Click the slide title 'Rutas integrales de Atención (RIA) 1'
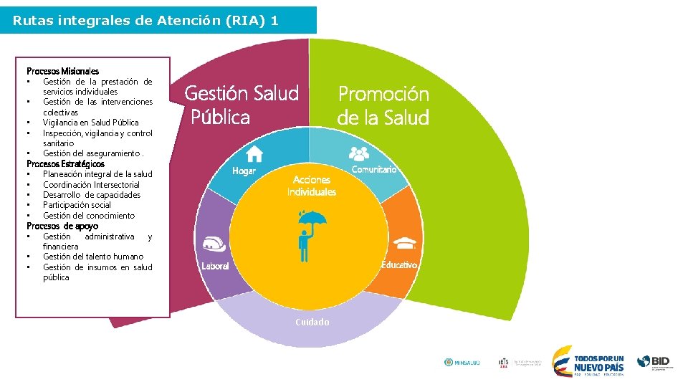[x=145, y=21]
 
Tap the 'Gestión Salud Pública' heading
[x=242, y=105]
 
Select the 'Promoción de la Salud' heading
[x=383, y=105]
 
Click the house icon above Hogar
[x=254, y=153]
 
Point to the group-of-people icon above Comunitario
[x=358, y=153]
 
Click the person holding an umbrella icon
[x=310, y=234]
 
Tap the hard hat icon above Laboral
[x=216, y=244]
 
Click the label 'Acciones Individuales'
[x=311, y=186]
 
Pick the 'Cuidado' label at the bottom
[x=312, y=322]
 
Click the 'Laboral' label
[x=215, y=266]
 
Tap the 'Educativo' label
[x=399, y=265]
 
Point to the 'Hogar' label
[x=244, y=171]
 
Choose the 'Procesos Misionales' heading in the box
[x=62, y=71]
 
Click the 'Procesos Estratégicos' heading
[x=65, y=163]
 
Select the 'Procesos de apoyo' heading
[x=62, y=226]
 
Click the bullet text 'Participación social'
[x=77, y=205]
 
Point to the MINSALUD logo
[x=462, y=363]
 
